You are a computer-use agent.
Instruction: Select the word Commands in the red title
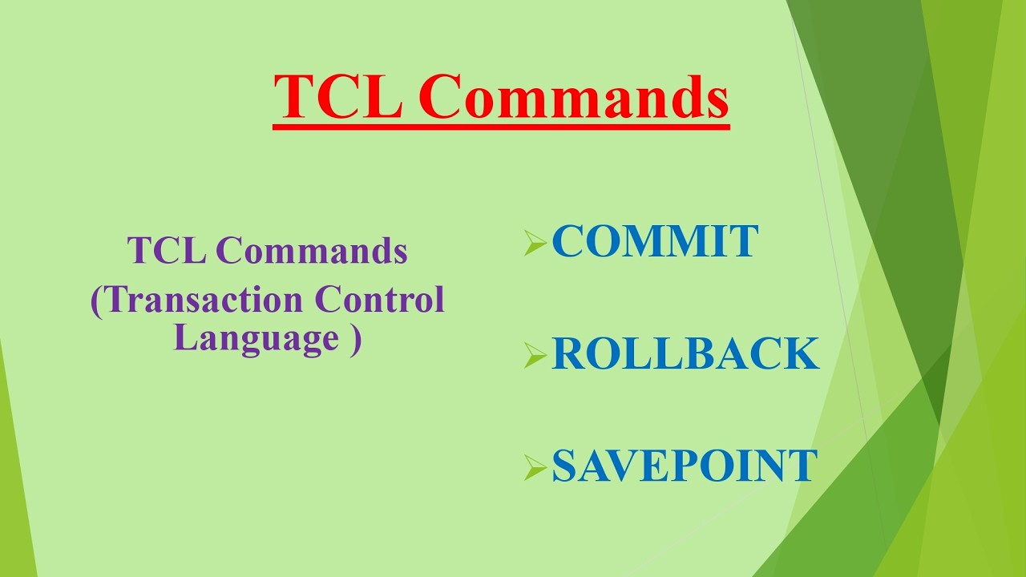[x=573, y=97]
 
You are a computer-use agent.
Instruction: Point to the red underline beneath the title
[x=501, y=127]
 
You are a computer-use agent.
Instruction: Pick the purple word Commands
[x=312, y=251]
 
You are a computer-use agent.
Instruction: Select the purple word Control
[x=379, y=300]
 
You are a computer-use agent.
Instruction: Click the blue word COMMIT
[x=655, y=242]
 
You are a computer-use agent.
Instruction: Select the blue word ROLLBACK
[x=685, y=354]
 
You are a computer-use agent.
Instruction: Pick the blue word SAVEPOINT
[x=685, y=466]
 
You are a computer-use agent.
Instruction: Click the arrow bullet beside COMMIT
[x=535, y=244]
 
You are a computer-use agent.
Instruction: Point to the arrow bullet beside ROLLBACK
[x=535, y=355]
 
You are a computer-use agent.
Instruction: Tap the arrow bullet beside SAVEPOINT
[x=535, y=467]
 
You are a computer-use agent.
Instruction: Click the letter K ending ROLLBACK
[x=802, y=354]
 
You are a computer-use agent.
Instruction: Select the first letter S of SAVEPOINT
[x=564, y=466]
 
